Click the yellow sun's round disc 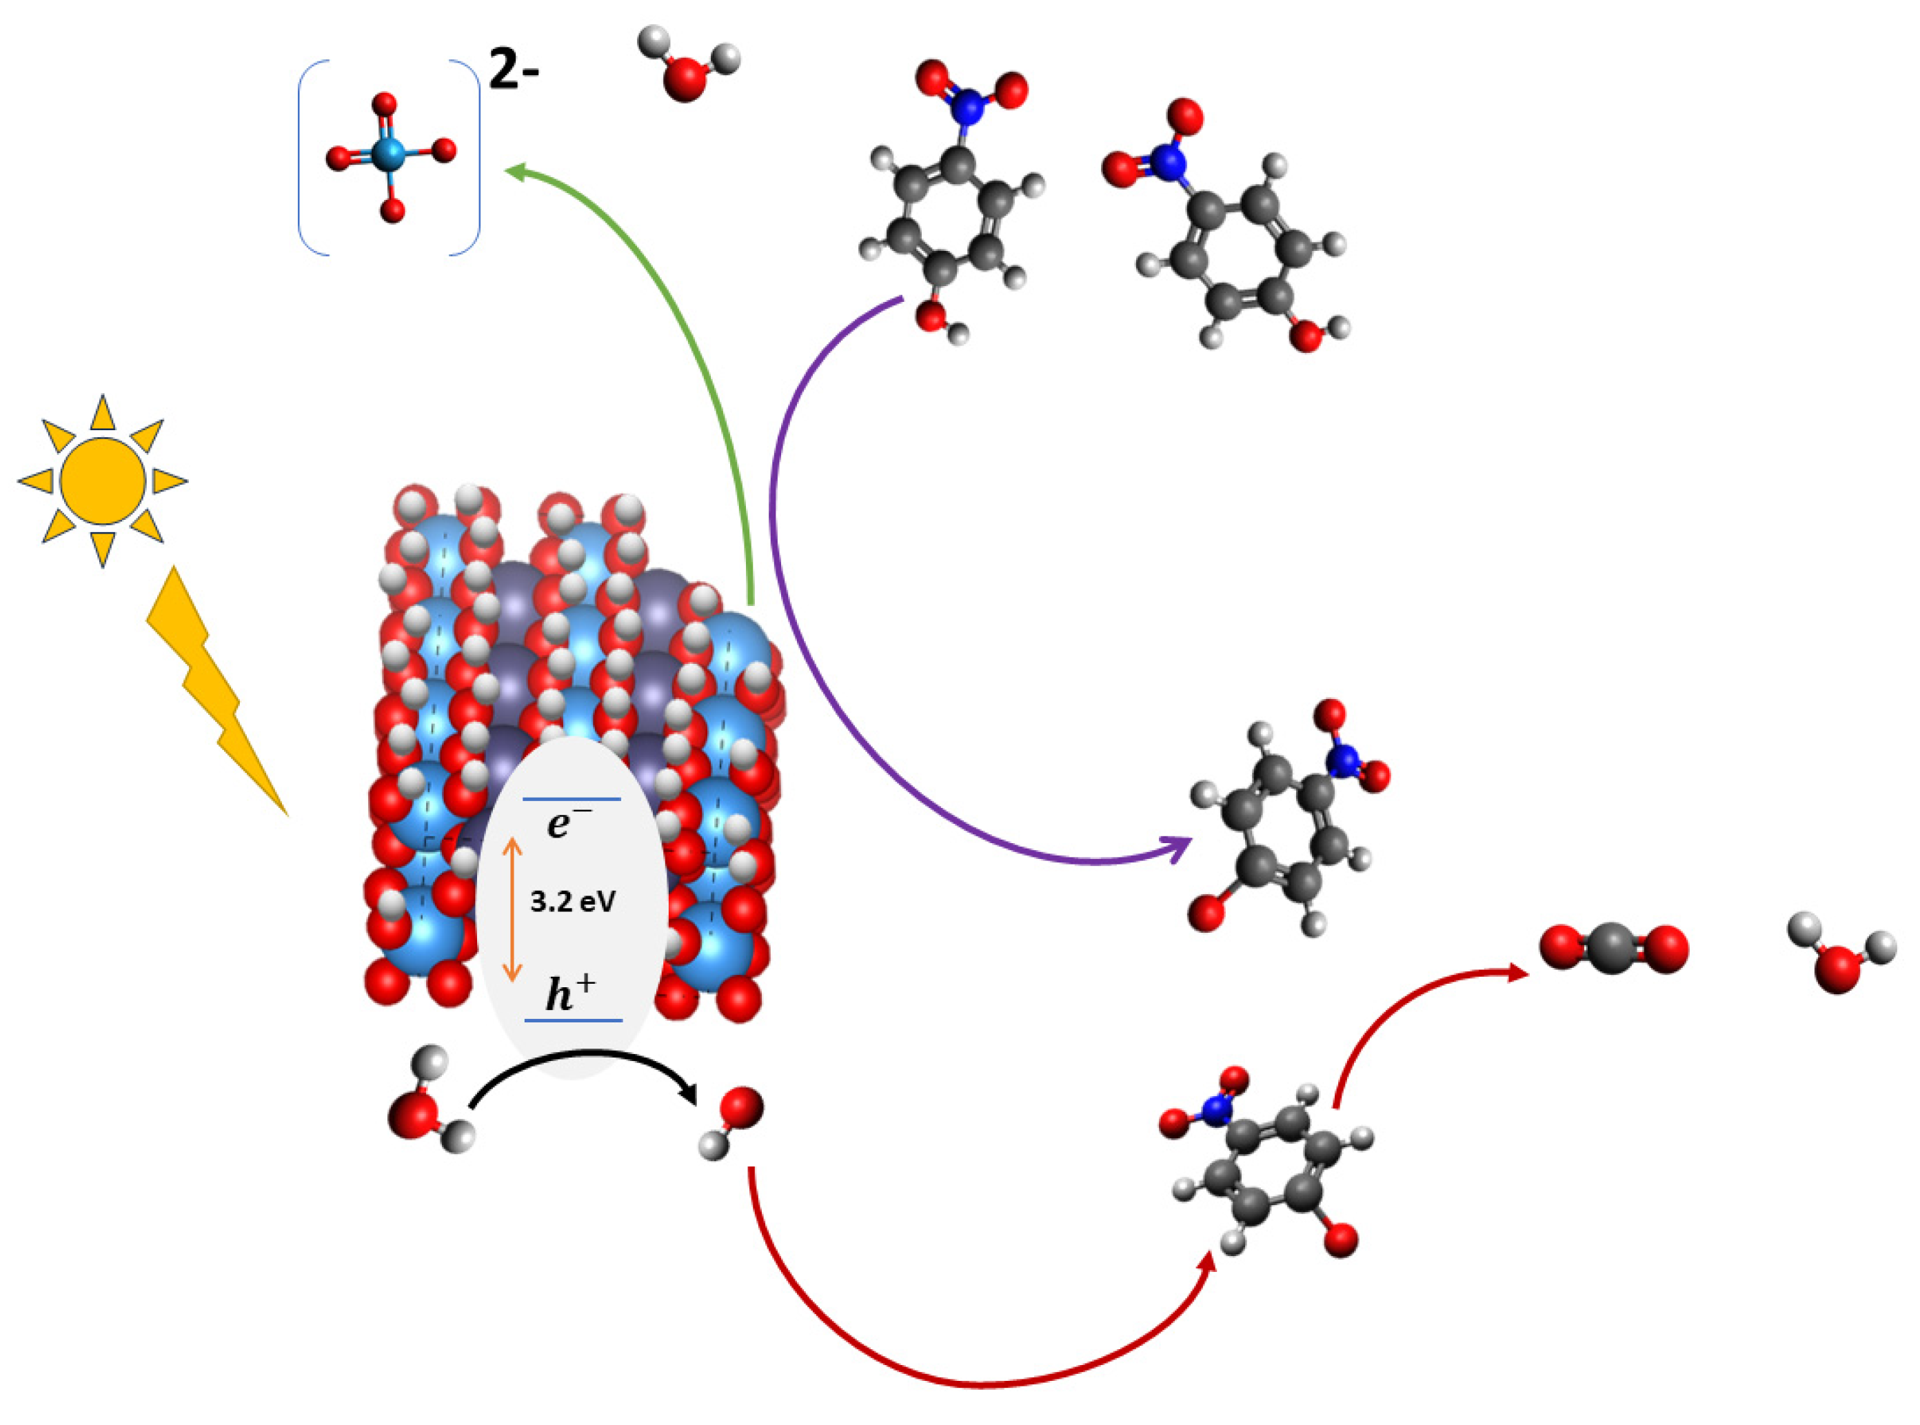coord(103,481)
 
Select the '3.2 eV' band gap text coord(573,902)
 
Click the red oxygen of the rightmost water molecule coord(1837,969)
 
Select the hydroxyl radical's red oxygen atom coord(742,1108)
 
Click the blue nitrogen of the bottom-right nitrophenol coord(1215,1110)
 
